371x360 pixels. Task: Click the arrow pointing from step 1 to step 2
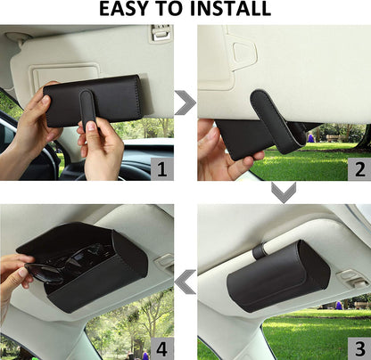pos(185,102)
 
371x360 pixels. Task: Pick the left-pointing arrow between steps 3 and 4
pos(185,283)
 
